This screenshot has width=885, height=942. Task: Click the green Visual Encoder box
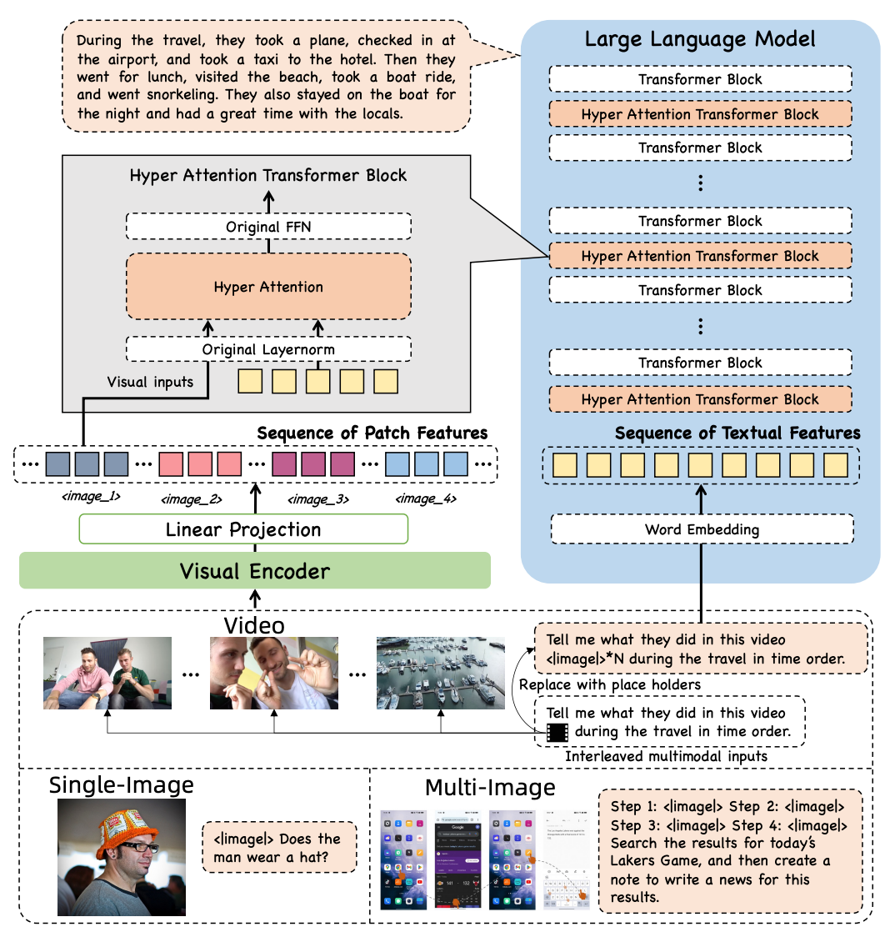[x=254, y=571]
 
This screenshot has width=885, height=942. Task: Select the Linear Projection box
[x=242, y=529]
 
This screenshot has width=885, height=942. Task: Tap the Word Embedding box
[x=701, y=529]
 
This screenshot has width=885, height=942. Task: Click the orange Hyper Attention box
[x=268, y=287]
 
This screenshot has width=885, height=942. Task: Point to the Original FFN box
[x=268, y=227]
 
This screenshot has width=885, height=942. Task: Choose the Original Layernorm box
[x=268, y=349]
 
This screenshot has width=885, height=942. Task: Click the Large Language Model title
[x=700, y=38]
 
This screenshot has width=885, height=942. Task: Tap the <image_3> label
[x=317, y=499]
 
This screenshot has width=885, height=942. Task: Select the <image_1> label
[x=86, y=495]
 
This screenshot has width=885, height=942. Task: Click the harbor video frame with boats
[x=440, y=673]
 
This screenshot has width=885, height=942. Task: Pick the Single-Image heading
[x=122, y=784]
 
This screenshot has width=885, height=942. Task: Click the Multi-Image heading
[x=490, y=788]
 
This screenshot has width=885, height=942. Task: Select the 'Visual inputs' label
[x=150, y=382]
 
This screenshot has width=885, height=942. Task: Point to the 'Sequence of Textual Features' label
[x=737, y=433]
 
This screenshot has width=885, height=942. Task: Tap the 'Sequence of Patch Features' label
[x=372, y=433]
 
